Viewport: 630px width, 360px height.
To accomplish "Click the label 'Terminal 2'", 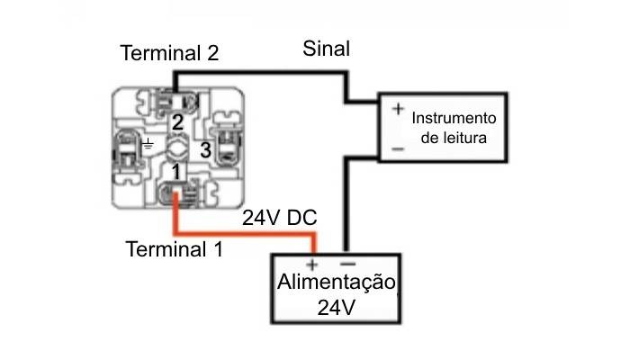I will tap(170, 53).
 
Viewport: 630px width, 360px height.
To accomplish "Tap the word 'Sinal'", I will tap(327, 49).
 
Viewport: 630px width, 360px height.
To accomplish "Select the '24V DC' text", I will tap(279, 219).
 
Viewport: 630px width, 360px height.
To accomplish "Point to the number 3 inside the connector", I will tap(205, 150).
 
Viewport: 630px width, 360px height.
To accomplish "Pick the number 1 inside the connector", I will tap(177, 170).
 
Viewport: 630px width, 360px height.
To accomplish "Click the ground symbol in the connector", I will tap(148, 144).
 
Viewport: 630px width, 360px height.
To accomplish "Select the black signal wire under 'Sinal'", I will tap(261, 73).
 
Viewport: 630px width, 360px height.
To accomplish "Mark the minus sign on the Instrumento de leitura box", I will tap(397, 148).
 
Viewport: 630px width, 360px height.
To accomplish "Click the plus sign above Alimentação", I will tap(312, 265).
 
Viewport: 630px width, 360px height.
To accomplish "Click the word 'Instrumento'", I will tap(454, 118).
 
